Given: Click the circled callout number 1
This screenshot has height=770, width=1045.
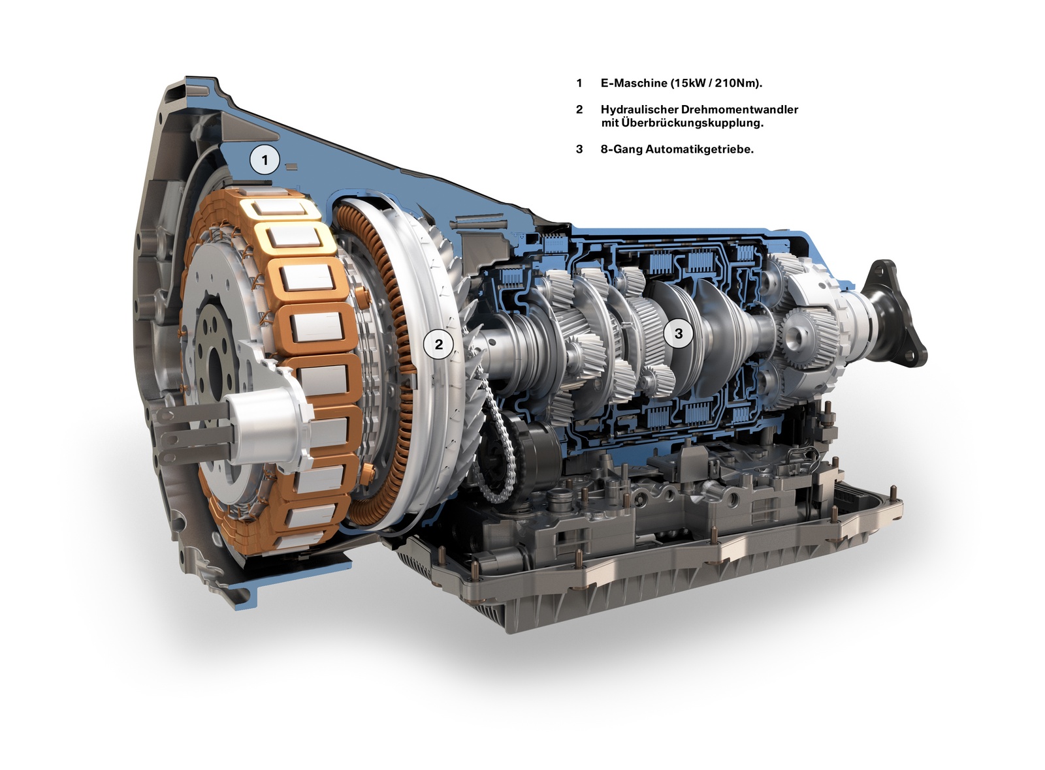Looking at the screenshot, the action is [x=265, y=161].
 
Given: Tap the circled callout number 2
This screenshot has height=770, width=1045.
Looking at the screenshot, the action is [x=438, y=345].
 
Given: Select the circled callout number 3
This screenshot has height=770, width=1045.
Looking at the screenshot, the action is [x=679, y=333].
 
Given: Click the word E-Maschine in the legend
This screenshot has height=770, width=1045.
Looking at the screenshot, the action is [x=634, y=84].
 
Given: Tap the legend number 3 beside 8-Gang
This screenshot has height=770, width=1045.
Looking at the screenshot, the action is [x=579, y=149].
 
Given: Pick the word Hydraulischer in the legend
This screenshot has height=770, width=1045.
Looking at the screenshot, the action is [x=639, y=110].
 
